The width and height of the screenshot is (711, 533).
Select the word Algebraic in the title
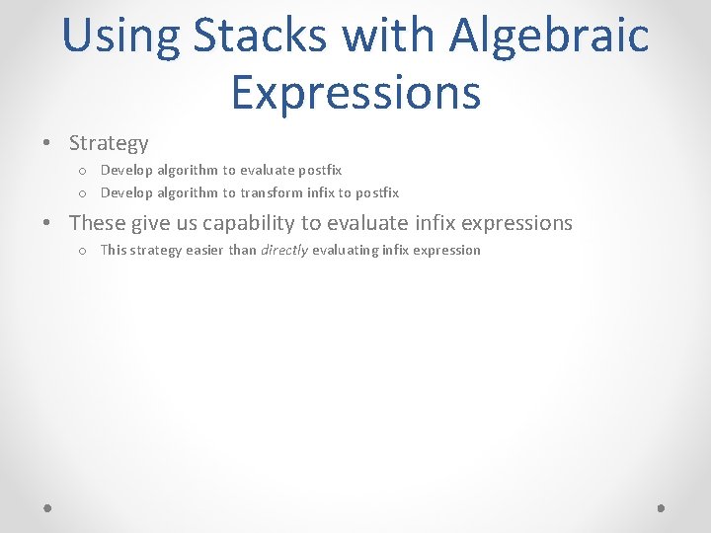click(549, 36)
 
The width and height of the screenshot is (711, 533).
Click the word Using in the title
click(120, 36)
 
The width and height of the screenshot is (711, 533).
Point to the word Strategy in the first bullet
click(109, 143)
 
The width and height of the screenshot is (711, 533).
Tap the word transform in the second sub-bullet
click(273, 192)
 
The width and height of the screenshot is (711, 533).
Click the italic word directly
click(284, 250)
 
